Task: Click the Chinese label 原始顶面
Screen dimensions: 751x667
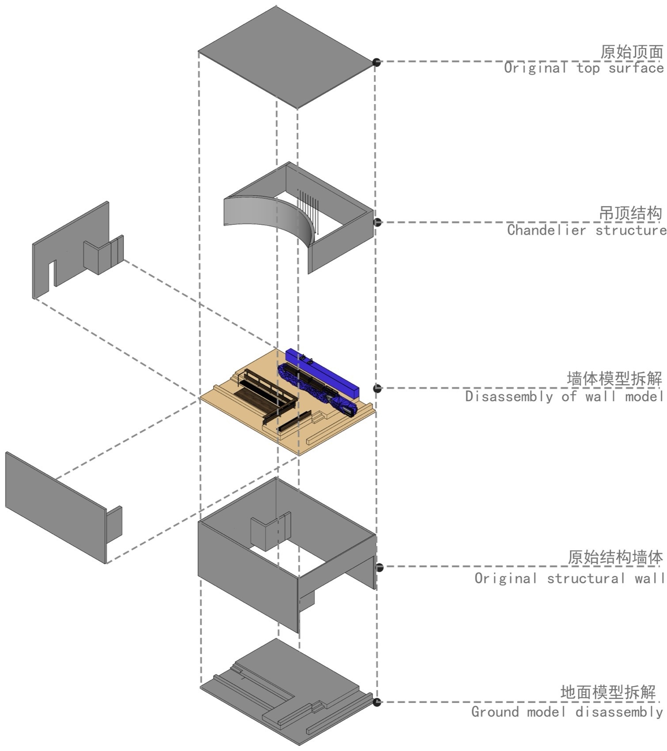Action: click(x=631, y=52)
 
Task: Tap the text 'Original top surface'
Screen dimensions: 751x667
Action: click(x=584, y=68)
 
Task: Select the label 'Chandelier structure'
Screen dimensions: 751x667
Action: click(x=586, y=230)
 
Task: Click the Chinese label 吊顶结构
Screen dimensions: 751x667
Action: click(x=630, y=213)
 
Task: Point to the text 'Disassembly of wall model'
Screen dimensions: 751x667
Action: click(x=564, y=396)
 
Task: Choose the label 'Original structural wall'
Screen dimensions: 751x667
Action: click(x=569, y=578)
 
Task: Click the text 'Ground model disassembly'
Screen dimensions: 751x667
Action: click(x=567, y=712)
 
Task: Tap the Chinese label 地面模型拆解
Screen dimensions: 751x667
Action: click(x=608, y=692)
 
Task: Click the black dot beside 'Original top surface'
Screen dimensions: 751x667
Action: click(x=376, y=62)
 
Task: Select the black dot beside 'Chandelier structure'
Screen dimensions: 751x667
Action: click(x=377, y=222)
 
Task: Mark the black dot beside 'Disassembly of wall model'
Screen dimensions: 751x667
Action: click(x=377, y=388)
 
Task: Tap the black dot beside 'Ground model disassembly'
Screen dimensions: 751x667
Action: click(x=376, y=702)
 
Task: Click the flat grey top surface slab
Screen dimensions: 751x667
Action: click(x=287, y=57)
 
